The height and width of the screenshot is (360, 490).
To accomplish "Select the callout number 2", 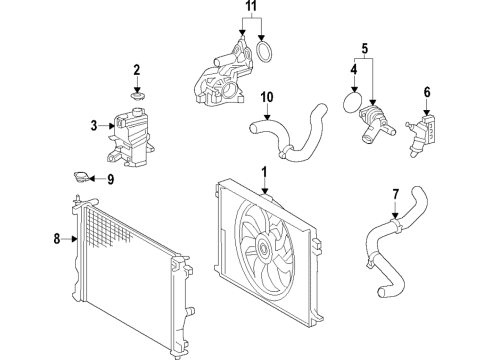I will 137,69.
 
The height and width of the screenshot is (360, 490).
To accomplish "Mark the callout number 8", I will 56,239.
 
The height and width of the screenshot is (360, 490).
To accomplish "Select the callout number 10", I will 267,97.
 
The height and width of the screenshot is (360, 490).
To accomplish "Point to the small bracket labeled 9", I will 77,179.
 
